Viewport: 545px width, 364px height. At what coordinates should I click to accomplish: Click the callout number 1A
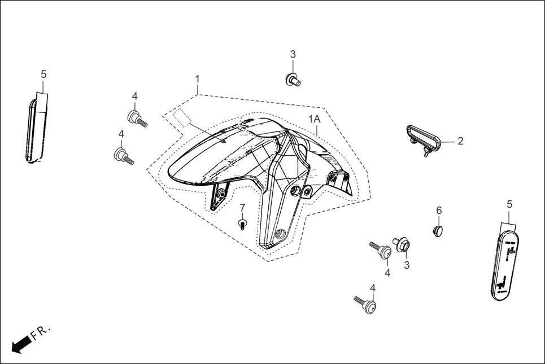(315, 119)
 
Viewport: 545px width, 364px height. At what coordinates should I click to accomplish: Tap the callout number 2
(460, 141)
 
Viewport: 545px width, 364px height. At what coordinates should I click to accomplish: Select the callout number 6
(439, 210)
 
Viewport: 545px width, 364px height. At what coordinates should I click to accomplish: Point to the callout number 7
(242, 208)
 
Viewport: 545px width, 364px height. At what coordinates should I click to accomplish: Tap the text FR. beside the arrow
(41, 332)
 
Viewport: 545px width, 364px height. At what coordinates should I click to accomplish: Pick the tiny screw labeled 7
(242, 224)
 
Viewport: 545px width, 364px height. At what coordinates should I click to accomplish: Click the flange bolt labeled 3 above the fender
(293, 80)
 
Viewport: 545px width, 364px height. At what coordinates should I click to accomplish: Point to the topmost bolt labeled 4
(137, 119)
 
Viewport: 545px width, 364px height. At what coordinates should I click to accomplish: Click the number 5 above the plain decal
(43, 74)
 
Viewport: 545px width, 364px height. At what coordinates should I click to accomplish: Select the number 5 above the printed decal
(509, 204)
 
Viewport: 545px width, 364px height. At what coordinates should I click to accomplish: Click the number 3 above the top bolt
(293, 54)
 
